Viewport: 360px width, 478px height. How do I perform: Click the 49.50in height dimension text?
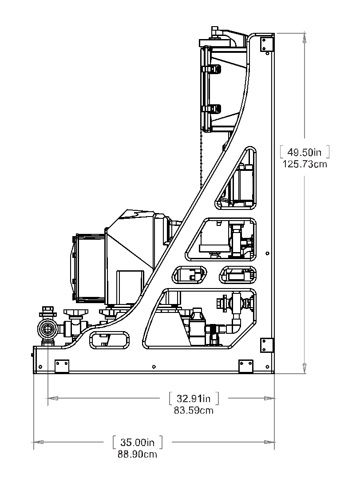pyautogui.click(x=304, y=152)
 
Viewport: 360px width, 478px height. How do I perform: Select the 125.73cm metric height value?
pyautogui.click(x=305, y=164)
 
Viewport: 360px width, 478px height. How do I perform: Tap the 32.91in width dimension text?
pyautogui.click(x=194, y=398)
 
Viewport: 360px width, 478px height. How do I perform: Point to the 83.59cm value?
pyautogui.click(x=194, y=411)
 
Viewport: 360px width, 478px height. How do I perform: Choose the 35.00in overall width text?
pyautogui.click(x=138, y=442)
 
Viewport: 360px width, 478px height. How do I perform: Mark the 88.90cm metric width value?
pyautogui.click(x=138, y=454)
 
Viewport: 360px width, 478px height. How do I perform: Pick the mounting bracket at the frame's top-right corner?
pyautogui.click(x=266, y=43)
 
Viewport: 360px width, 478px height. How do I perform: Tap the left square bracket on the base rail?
pyautogui.click(x=62, y=366)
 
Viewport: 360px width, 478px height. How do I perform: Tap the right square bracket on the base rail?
pyautogui.click(x=245, y=366)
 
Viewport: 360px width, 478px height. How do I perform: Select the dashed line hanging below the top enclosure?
pyautogui.click(x=202, y=160)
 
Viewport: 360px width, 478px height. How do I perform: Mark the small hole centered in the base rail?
pyautogui.click(x=154, y=367)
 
